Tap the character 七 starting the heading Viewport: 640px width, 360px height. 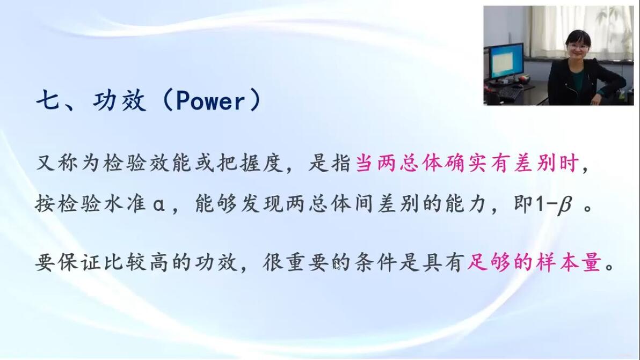[x=48, y=100]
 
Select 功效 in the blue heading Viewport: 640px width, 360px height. [x=119, y=100]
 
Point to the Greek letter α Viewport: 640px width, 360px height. [x=159, y=204]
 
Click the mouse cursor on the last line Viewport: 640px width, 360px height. [x=337, y=266]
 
